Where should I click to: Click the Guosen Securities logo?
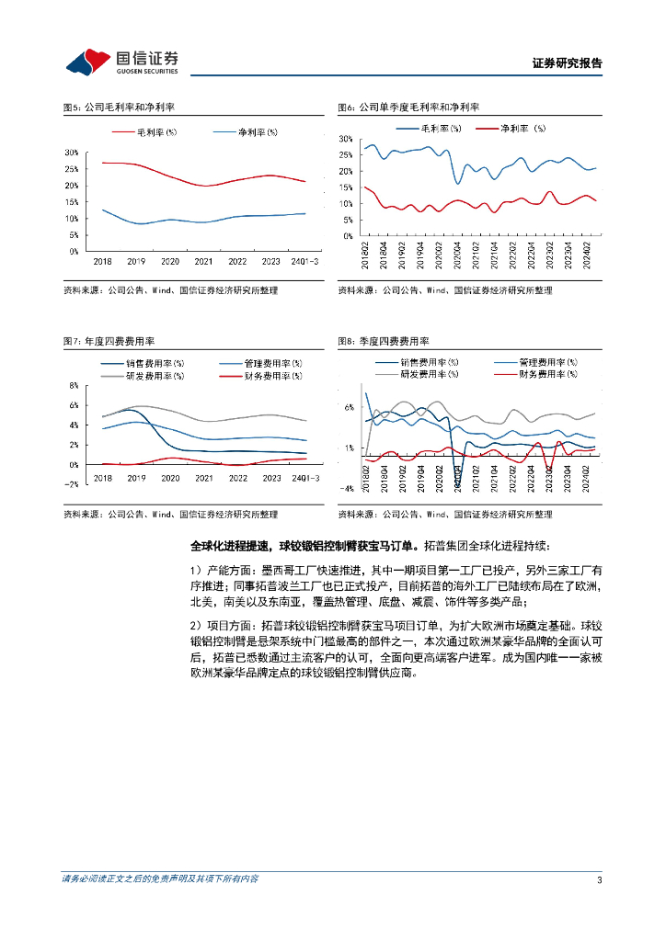tap(121, 62)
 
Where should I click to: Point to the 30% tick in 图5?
tap(71, 152)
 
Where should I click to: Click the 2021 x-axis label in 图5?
tap(204, 261)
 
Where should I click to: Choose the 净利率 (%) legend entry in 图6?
tap(523, 128)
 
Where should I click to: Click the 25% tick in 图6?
tap(346, 154)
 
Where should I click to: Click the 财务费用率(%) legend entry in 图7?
tap(274, 377)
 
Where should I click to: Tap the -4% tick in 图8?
tap(347, 489)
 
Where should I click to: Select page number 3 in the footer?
tap(599, 880)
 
